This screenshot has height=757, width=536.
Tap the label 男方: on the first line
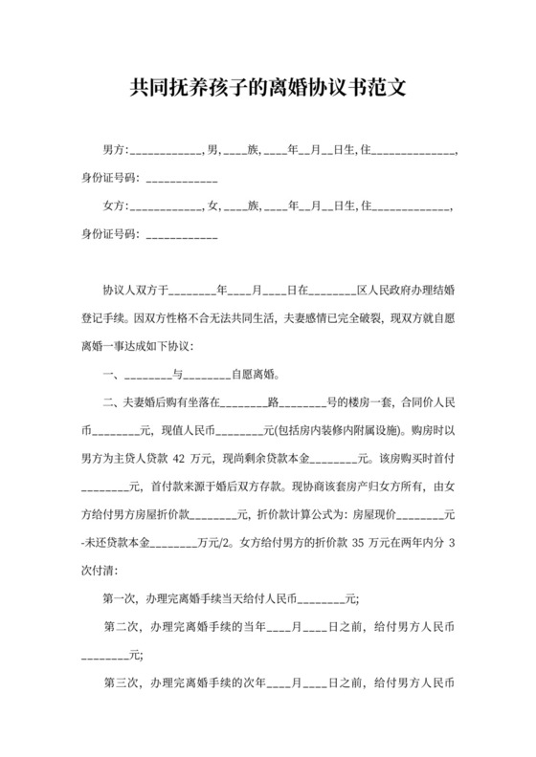tap(115, 151)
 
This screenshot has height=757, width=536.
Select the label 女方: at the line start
tap(115, 206)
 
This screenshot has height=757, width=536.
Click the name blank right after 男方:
tap(165, 151)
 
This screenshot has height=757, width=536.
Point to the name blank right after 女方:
tap(165, 206)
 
